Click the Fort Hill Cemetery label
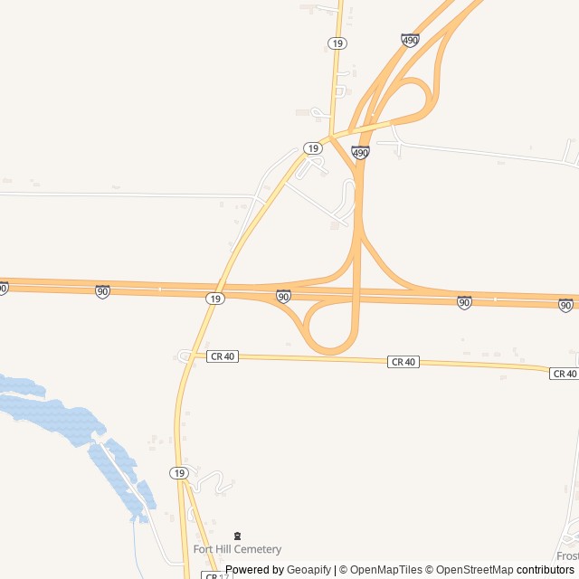click(x=237, y=549)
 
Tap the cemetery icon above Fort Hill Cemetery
click(x=238, y=536)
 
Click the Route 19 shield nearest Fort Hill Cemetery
click(x=179, y=473)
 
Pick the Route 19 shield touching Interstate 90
click(x=214, y=299)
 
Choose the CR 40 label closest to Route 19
click(x=222, y=356)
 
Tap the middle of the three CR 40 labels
click(x=403, y=362)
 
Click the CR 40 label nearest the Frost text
click(x=564, y=374)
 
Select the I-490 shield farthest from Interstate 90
click(x=410, y=41)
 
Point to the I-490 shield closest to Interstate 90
click(x=360, y=153)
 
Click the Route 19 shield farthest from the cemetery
click(x=337, y=43)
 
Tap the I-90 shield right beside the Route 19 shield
click(x=283, y=296)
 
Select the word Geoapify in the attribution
click(x=309, y=570)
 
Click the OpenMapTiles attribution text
click(x=379, y=570)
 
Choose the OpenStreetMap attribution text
click(x=470, y=570)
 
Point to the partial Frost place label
click(x=567, y=555)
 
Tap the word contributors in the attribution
click(x=546, y=570)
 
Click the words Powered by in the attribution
click(x=254, y=570)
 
